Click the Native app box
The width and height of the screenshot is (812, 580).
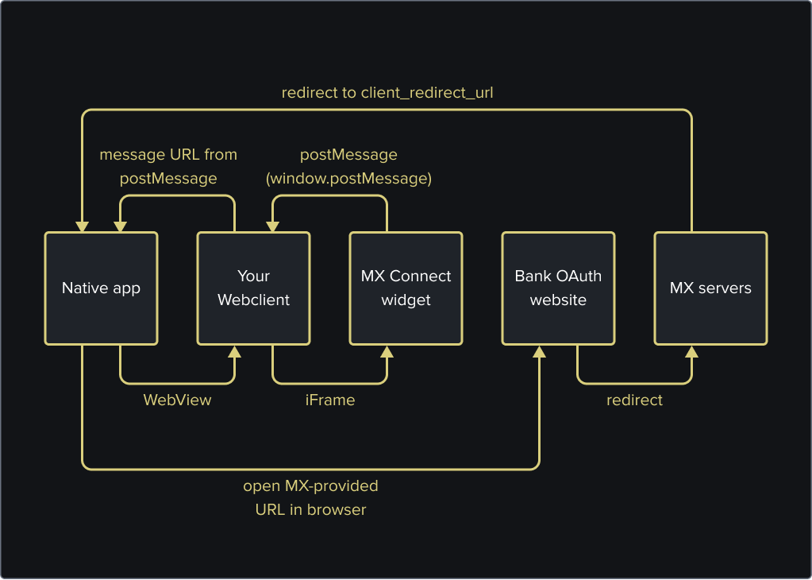tap(101, 288)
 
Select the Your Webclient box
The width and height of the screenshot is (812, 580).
tap(253, 288)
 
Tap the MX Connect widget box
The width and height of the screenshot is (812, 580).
tap(406, 288)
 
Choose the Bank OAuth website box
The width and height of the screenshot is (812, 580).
tap(558, 288)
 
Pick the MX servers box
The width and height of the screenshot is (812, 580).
tap(710, 288)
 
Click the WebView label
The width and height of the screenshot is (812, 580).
tap(177, 400)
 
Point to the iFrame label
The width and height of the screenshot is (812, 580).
tap(330, 400)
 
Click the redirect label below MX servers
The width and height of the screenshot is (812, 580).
tap(634, 400)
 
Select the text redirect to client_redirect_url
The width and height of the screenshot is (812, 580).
tap(387, 93)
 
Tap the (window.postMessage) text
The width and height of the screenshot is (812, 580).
tap(348, 179)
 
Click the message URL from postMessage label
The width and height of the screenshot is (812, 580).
tap(168, 167)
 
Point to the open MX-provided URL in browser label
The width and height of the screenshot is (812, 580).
tap(310, 497)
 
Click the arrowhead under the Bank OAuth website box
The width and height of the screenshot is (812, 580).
tap(539, 352)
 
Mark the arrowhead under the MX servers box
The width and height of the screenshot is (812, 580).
tap(691, 352)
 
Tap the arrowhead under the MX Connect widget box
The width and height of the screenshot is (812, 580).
tap(387, 352)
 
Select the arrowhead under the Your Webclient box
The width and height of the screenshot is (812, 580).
tap(235, 352)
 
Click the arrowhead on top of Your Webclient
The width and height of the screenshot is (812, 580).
tap(273, 226)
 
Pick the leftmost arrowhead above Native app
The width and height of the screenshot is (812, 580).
tap(83, 226)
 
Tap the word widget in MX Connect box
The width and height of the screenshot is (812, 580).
tap(406, 300)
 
